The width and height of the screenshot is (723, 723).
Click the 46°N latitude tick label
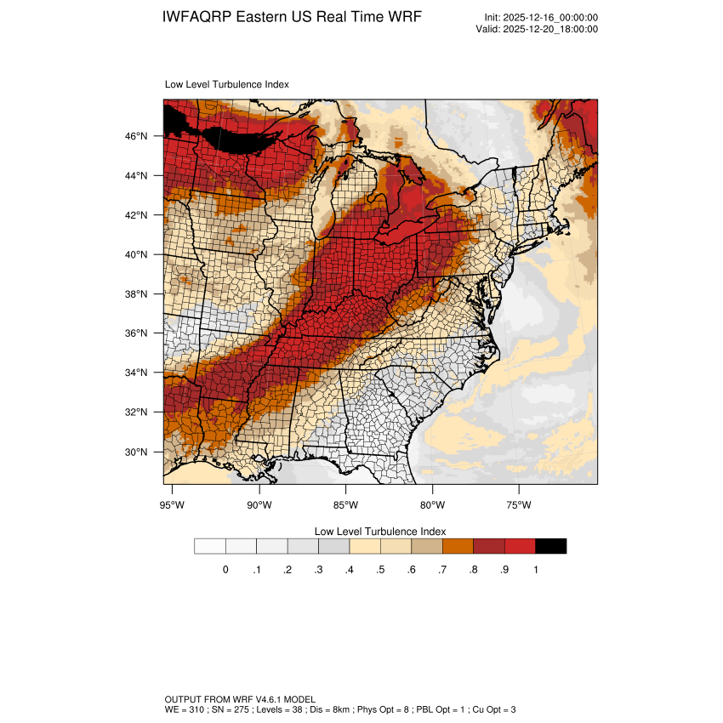137,136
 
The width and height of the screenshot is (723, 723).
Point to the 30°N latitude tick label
137,452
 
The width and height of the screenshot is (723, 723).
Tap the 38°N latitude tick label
137,294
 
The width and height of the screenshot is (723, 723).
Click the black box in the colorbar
550,546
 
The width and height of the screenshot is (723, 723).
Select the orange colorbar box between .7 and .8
458,546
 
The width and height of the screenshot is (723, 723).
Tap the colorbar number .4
349,570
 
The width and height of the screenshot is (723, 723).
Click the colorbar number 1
535,570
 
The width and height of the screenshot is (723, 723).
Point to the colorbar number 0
225,570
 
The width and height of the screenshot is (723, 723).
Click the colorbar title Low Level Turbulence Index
379,531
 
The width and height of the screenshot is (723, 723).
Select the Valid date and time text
537,29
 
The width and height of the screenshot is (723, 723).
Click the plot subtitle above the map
226,85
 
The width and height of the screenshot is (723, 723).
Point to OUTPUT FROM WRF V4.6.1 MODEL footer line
240,698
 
